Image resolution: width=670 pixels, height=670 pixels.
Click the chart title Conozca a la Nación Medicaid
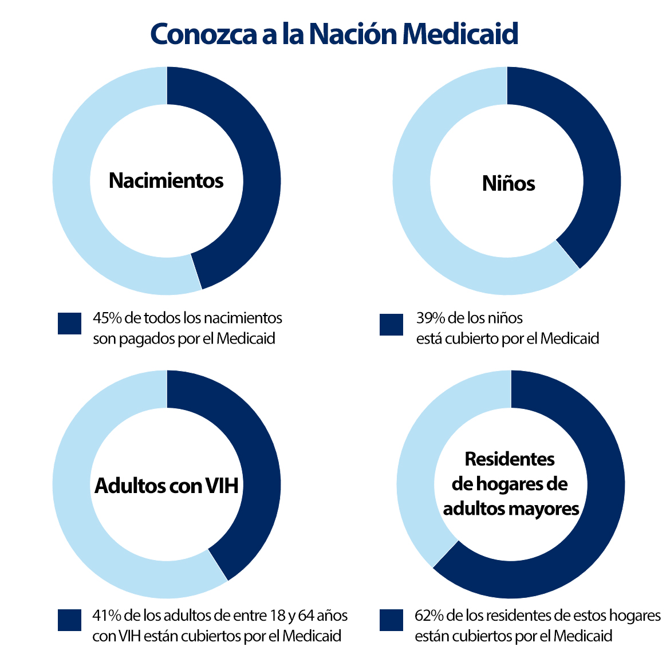point(334,34)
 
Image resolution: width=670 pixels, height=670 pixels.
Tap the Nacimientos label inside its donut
point(166,180)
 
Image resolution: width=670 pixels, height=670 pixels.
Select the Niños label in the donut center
point(509,183)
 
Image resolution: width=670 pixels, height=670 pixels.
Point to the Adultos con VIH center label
point(166,486)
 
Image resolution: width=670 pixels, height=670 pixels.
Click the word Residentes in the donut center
point(510,459)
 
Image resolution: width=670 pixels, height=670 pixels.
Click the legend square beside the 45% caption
point(69,323)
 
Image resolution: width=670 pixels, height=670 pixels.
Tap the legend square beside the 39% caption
point(391,324)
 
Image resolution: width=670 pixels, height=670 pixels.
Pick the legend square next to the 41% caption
point(69,620)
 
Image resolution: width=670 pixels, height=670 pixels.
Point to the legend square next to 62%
point(391,620)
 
